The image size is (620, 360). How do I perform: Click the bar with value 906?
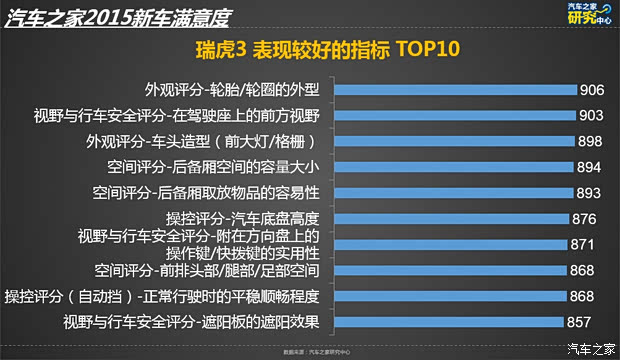coord(455,88)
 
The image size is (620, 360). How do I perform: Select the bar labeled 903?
coord(455,114)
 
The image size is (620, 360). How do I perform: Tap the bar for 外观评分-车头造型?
coord(453,140)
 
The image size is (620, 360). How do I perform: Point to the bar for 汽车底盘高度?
coord(450,218)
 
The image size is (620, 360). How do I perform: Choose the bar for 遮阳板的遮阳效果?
coord(447,322)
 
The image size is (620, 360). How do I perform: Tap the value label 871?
coord(583,244)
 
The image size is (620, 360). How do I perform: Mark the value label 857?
coord(579,322)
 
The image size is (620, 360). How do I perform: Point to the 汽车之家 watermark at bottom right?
coord(590,348)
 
